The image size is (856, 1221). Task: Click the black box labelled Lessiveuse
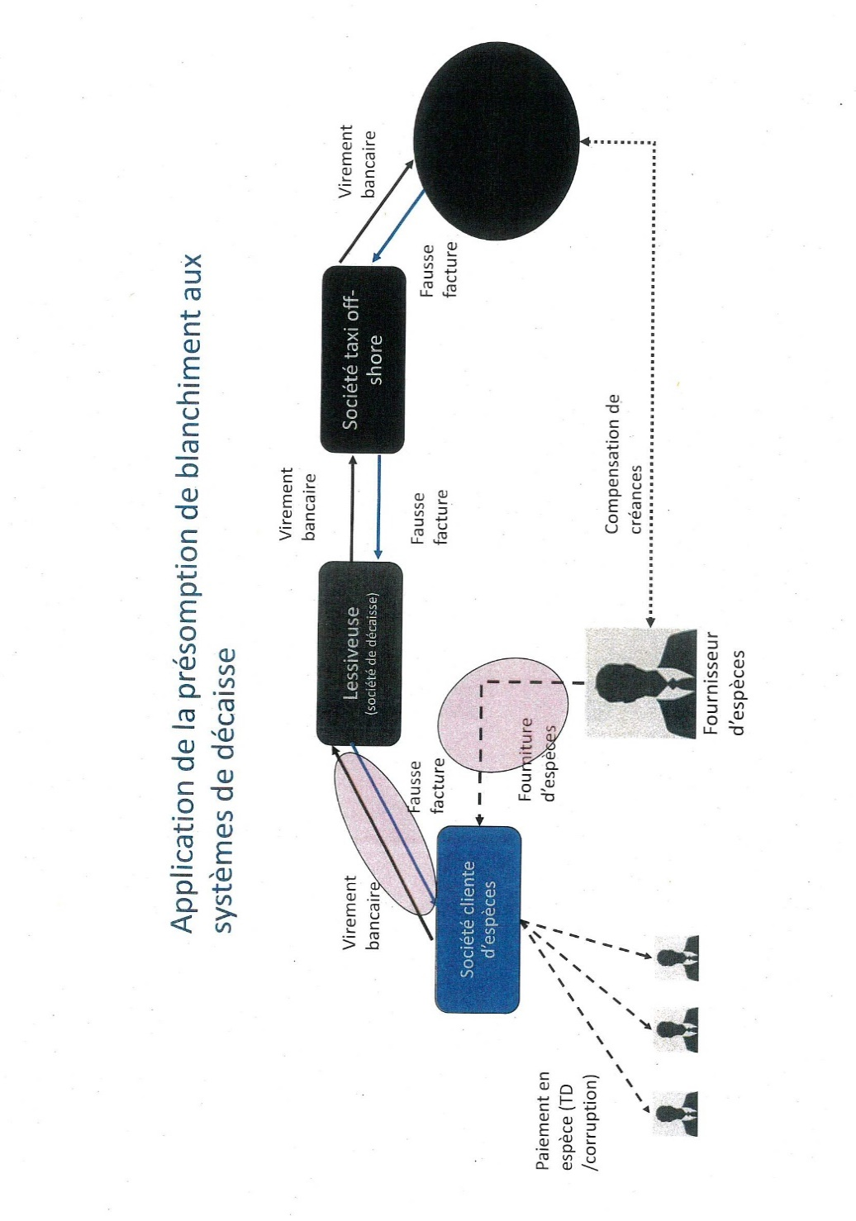pyautogui.click(x=359, y=653)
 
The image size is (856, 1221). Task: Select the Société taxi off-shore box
pyautogui.click(x=363, y=359)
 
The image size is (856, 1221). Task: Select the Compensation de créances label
pyautogui.click(x=623, y=464)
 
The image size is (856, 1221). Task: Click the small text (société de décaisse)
pyautogui.click(x=373, y=653)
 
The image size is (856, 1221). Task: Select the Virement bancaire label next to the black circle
pyautogui.click(x=357, y=162)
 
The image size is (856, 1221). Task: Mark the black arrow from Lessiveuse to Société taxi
pyautogui.click(x=352, y=508)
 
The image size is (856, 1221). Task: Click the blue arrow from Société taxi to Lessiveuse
pyautogui.click(x=378, y=508)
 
